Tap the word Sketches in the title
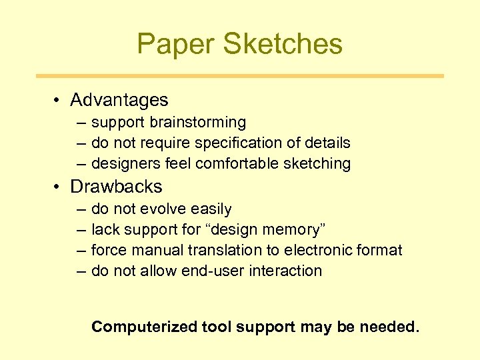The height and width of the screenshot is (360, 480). pos(283,44)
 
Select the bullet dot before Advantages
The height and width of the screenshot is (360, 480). pos(59,101)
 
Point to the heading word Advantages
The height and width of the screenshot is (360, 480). pos(119,101)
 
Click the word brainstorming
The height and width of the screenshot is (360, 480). pos(198,123)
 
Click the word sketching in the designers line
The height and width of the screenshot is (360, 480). pos(318,163)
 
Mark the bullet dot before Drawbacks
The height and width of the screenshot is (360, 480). pos(59,187)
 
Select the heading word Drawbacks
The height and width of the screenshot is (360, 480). pos(116,187)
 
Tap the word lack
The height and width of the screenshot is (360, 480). pos(103,230)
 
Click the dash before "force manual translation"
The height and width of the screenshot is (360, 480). pos(81,251)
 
